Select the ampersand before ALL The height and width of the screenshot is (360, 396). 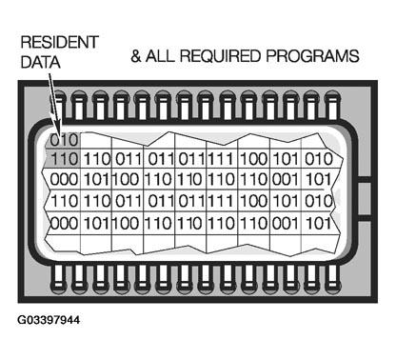[x=136, y=57]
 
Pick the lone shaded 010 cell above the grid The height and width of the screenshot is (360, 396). [x=61, y=141]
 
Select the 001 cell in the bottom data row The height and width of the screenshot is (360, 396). [x=285, y=221]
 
